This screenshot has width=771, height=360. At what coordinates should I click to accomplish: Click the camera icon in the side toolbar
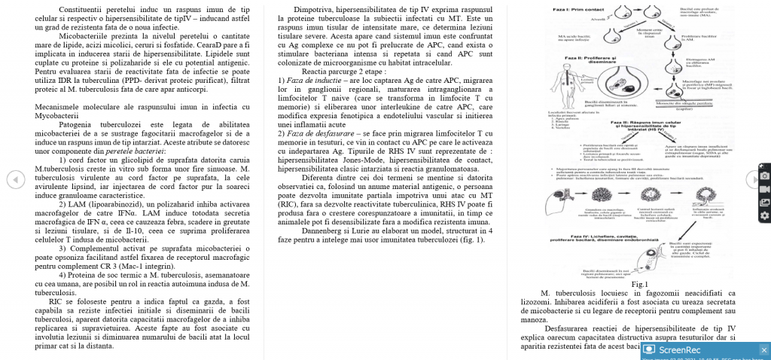click(764, 175)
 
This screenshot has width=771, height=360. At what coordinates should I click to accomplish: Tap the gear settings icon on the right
click(764, 215)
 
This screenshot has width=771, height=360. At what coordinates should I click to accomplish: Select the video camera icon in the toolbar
click(764, 188)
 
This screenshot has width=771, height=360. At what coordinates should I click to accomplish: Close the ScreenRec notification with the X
click(763, 349)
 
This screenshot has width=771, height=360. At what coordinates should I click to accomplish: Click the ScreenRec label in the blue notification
click(679, 349)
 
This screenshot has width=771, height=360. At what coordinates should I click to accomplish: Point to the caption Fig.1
click(640, 284)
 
